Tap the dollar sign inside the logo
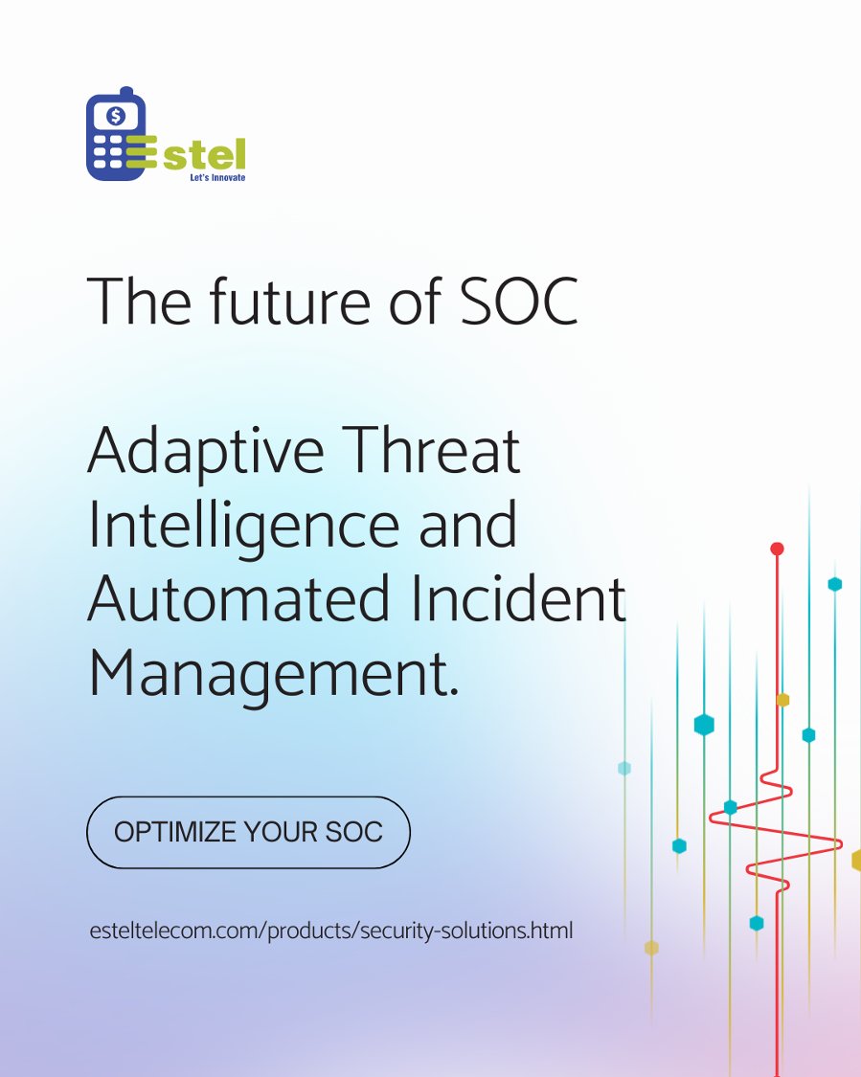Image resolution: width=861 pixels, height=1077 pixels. pos(116,117)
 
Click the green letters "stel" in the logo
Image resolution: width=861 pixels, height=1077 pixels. pos(204,152)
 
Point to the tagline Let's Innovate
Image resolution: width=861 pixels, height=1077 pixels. pos(215,177)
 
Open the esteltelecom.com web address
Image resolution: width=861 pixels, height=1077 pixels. pos(329,930)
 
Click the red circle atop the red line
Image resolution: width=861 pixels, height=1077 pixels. pos(777,549)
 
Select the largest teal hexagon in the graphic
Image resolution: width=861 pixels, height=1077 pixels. pos(704,725)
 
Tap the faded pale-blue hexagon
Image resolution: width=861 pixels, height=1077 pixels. pos(624,768)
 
